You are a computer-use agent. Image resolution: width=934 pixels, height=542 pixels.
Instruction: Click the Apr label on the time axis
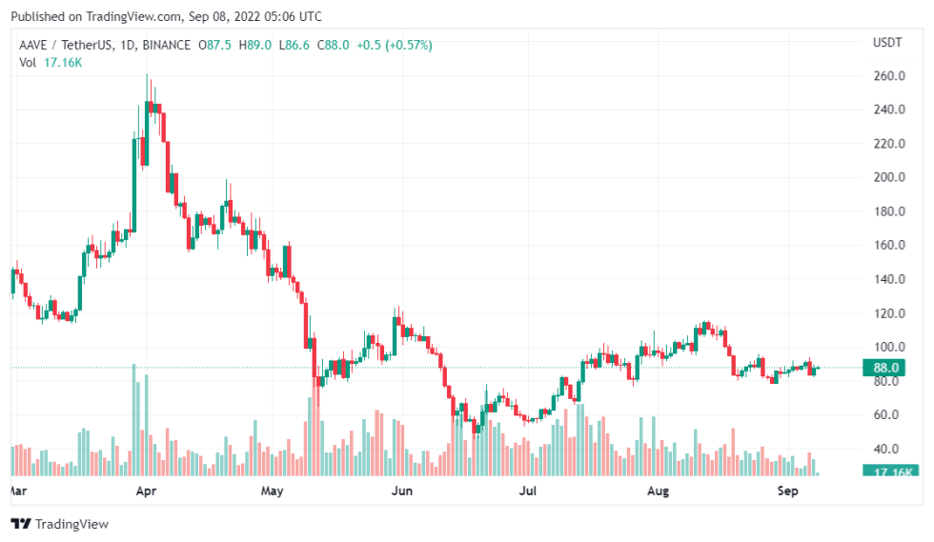[x=146, y=492]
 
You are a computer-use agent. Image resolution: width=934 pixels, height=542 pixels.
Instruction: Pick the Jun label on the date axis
[x=402, y=492]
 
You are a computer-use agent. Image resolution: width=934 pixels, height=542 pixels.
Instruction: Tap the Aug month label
[x=658, y=492]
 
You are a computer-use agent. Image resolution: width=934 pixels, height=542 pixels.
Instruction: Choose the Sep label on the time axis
[x=786, y=492]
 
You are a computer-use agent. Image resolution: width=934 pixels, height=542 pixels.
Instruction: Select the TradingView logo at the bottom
[x=59, y=524]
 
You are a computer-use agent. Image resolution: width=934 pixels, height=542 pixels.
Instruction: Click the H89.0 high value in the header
[x=254, y=45]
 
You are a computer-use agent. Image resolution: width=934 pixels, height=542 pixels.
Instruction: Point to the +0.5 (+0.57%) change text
[x=393, y=45]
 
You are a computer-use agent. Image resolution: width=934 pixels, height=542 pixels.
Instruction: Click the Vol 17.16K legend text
[x=50, y=62]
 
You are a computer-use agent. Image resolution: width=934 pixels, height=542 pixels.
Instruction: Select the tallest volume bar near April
[x=133, y=419]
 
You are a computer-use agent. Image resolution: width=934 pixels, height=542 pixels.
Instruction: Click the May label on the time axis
[x=273, y=492]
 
